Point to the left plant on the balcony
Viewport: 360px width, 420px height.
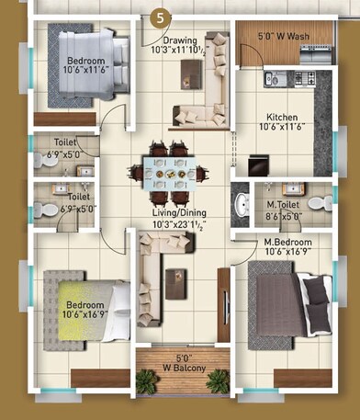(x=147, y=380)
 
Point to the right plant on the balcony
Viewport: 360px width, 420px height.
(x=217, y=380)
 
